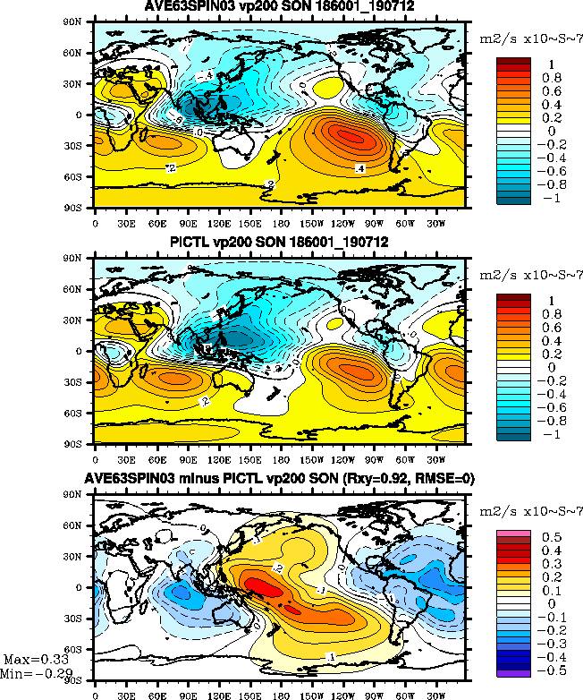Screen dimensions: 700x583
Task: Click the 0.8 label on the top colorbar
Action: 551,78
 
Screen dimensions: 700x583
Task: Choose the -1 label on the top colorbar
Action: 551,199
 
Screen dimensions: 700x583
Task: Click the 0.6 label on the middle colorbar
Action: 551,329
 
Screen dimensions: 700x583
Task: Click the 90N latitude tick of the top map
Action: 79,23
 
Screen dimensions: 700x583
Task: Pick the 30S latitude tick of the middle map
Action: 79,381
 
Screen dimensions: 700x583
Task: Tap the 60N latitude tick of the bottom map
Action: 79,527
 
